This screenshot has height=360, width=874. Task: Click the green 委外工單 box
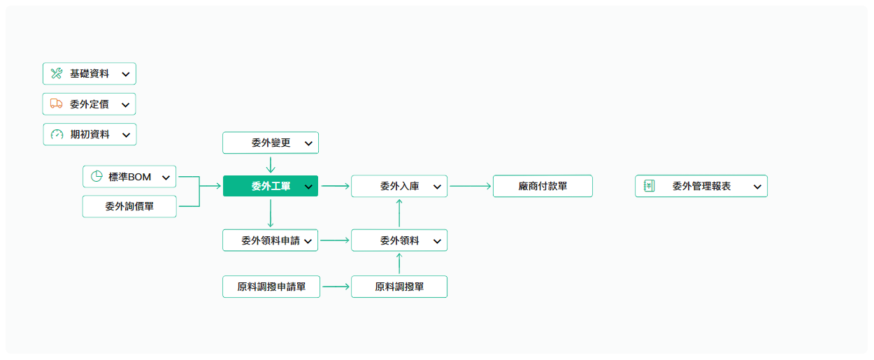pos(271,186)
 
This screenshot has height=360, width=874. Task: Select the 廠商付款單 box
pos(543,186)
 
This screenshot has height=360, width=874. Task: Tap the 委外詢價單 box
pos(129,206)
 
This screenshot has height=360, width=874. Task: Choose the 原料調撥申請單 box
pos(271,287)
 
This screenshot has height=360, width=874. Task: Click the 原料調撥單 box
pos(399,287)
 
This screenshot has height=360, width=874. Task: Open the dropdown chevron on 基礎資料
pos(126,74)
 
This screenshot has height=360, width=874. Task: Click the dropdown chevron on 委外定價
pos(125,105)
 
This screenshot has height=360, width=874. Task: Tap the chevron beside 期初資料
pos(126,135)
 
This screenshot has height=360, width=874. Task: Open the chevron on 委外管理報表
pos(757,187)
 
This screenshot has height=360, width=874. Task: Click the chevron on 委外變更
pos(308,143)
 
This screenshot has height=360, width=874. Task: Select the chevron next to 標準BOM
pos(166,178)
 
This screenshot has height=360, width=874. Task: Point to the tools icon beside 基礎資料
pos(57,73)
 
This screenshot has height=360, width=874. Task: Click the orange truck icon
pos(56,103)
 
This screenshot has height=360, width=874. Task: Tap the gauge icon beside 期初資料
pos(57,134)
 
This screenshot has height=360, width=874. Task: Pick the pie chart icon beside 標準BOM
pos(96,176)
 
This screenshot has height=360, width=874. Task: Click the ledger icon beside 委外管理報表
pos(649,186)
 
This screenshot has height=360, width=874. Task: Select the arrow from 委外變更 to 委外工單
pos(271,165)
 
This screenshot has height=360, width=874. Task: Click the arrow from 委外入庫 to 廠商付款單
pos(470,186)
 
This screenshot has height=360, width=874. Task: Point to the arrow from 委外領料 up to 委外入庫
pos(399,213)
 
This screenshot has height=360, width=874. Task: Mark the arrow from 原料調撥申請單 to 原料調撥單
pos(336,287)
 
